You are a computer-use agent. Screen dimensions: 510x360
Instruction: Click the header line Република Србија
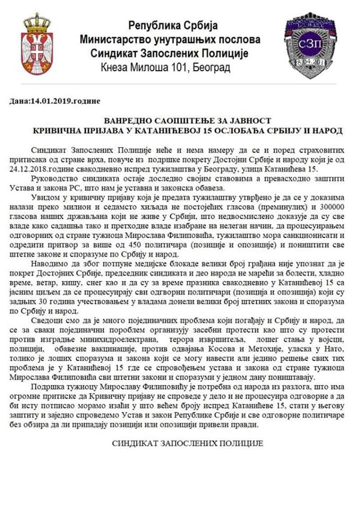point(173,25)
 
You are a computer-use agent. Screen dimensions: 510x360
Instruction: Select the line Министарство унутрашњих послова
point(170,39)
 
